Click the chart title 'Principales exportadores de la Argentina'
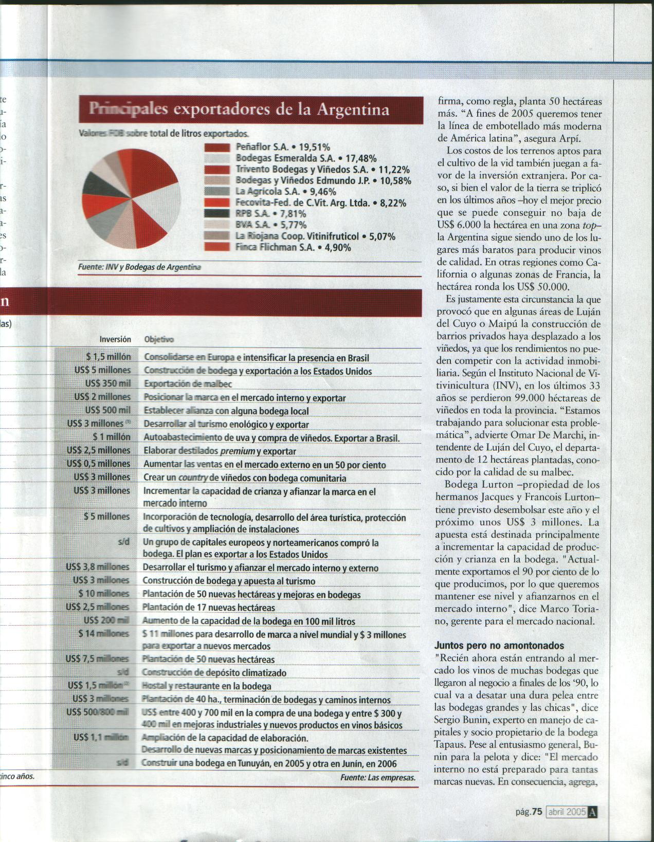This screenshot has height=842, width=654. [239, 109]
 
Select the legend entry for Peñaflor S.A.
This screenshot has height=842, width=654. [283, 147]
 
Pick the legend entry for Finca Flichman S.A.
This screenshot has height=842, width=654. [293, 247]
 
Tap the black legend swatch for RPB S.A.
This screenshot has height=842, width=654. [216, 214]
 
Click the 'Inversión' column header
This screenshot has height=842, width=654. [115, 339]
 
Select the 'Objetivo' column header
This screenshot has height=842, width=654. [159, 339]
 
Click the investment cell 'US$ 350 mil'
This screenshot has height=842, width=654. [108, 383]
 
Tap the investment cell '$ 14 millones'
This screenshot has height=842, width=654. [103, 634]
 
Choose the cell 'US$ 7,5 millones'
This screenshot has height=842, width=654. [97, 659]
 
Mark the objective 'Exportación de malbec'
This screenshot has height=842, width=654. [188, 384]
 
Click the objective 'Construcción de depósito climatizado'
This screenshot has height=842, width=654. [214, 672]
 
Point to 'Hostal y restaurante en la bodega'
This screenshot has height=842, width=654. [207, 686]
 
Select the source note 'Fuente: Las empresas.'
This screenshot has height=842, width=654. [377, 778]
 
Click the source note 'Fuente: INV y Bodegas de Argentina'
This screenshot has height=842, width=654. [139, 267]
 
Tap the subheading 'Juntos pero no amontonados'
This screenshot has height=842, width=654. [499, 646]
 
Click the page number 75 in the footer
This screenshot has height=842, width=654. [537, 812]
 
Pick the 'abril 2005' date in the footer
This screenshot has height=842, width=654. [567, 812]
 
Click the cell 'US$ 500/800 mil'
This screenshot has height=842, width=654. [98, 712]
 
